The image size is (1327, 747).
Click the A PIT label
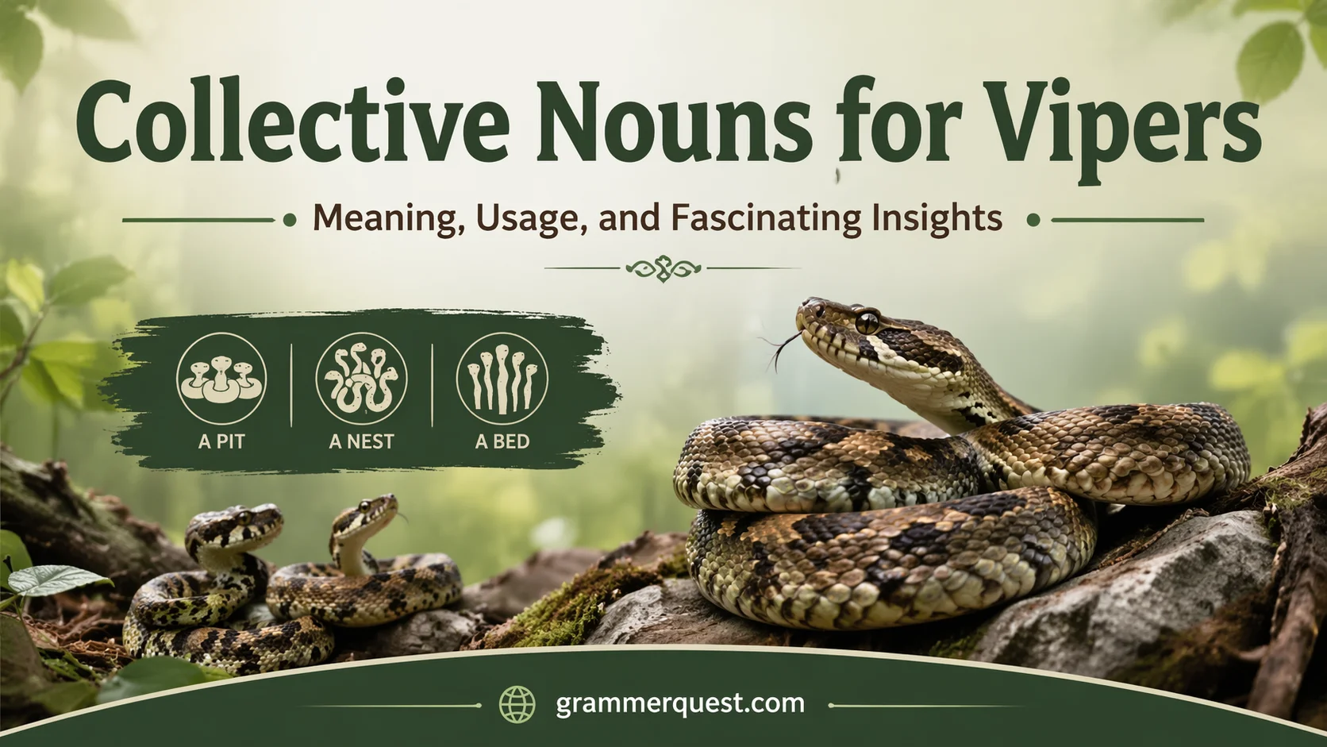[x=221, y=441]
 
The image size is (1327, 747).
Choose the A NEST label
[x=361, y=441]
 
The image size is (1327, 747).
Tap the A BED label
[x=502, y=441]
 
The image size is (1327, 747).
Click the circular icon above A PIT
[x=221, y=378]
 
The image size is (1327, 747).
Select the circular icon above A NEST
[x=361, y=378]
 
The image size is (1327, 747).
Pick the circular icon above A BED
[x=502, y=378]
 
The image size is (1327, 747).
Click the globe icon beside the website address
[x=517, y=704]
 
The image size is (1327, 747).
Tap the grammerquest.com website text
[x=680, y=704]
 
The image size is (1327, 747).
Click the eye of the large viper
[x=866, y=321]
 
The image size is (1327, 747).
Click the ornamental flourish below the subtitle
[x=663, y=268]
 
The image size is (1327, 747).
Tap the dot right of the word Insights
[x=1033, y=221]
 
